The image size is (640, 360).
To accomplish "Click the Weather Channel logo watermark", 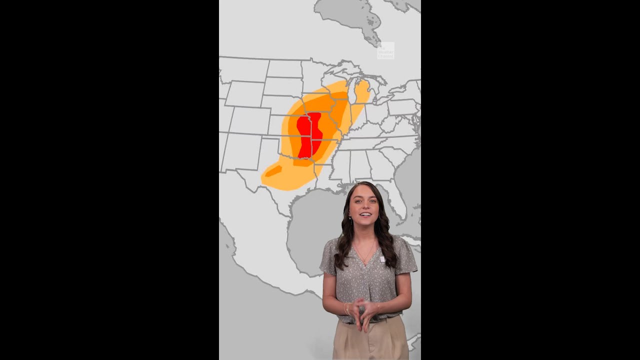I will tap(385, 51).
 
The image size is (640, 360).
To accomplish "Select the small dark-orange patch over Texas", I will tap(273, 171).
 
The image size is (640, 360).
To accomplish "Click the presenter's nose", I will tap(364, 206).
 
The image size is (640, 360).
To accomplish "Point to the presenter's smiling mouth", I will tap(365, 214).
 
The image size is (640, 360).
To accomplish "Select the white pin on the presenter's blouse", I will tap(382, 259).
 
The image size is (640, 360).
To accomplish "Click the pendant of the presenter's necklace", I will tap(366, 261).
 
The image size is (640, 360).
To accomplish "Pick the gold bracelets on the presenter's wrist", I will tap(345, 309).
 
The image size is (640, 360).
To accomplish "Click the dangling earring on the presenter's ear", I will tap(350, 220).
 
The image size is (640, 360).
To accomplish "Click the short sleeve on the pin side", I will tap(405, 257).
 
